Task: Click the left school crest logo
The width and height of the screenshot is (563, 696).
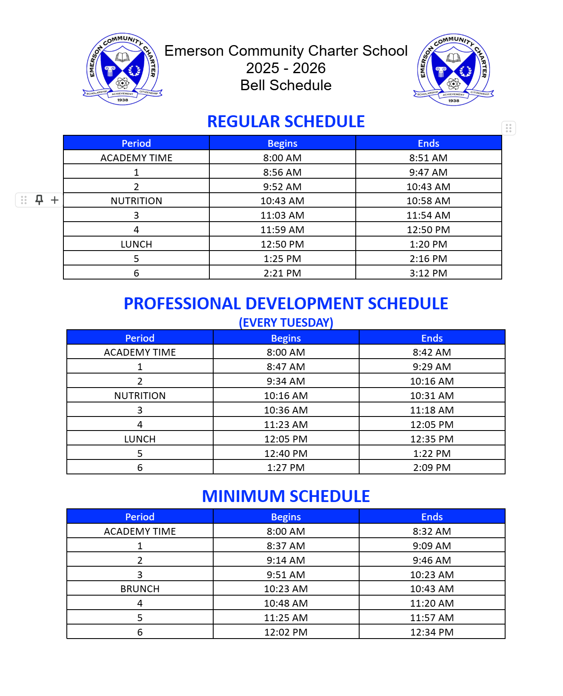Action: click(x=123, y=69)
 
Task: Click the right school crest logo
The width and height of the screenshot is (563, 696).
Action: click(x=453, y=69)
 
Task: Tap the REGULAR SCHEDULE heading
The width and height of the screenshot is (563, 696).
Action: click(x=286, y=122)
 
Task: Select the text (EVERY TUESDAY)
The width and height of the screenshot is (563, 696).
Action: click(x=286, y=322)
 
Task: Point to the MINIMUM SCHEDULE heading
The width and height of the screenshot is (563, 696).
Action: click(x=286, y=496)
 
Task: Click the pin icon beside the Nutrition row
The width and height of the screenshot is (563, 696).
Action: click(x=39, y=200)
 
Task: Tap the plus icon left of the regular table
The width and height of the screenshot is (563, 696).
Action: click(x=54, y=200)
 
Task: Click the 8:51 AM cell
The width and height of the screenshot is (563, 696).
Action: click(x=428, y=158)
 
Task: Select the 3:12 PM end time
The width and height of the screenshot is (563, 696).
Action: click(x=428, y=273)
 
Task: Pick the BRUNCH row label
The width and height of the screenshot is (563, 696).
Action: click(x=140, y=589)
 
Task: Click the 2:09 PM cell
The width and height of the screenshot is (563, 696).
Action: click(x=432, y=468)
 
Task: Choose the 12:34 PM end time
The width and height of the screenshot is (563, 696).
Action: click(x=432, y=632)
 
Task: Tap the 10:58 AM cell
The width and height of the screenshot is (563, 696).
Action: click(x=428, y=201)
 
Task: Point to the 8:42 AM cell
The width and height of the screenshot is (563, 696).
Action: click(x=432, y=352)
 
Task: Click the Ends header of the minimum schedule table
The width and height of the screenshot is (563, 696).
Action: click(x=432, y=517)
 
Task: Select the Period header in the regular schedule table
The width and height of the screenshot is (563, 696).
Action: click(x=136, y=143)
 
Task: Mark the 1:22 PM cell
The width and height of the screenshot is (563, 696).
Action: click(x=432, y=454)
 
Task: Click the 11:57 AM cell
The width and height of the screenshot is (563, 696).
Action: click(x=432, y=618)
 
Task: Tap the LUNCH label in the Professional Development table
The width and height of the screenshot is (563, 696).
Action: click(x=140, y=439)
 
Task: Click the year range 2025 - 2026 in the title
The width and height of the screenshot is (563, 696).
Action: click(x=286, y=68)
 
